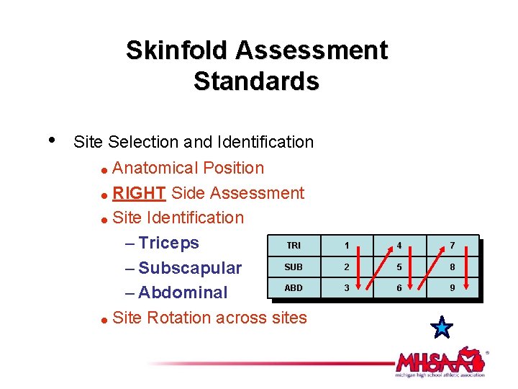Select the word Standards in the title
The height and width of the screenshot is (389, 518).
click(256, 81)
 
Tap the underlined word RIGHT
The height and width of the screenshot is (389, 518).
click(140, 193)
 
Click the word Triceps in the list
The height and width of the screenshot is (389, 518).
click(168, 243)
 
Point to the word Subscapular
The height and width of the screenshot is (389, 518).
click(190, 268)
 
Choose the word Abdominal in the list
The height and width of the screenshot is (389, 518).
click(183, 292)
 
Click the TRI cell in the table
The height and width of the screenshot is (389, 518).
click(294, 246)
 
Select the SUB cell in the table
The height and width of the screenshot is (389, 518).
click(294, 267)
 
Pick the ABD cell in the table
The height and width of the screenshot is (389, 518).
click(294, 287)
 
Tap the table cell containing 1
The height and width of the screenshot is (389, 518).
click(346, 246)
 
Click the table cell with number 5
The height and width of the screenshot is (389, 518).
click(399, 267)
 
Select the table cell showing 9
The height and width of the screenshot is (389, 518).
click(452, 287)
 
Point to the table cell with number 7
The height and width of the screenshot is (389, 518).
click(452, 246)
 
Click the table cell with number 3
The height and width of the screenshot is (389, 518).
click(346, 287)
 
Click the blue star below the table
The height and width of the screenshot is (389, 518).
click(442, 328)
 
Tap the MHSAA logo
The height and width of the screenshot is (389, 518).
click(440, 362)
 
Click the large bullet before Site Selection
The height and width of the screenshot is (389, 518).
click(50, 139)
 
